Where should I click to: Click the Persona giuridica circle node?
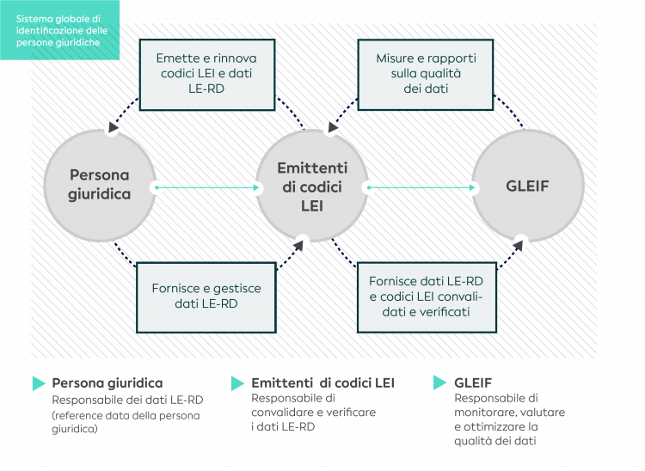tap(99, 186)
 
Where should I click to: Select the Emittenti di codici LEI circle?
tap(311, 186)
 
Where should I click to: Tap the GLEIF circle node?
tap(527, 186)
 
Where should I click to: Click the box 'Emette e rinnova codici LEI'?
tap(206, 73)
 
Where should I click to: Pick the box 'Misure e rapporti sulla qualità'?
tap(425, 73)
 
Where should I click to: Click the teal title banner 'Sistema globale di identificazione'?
tap(60, 30)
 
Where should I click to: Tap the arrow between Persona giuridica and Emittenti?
tap(206, 187)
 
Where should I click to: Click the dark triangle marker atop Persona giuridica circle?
tap(112, 128)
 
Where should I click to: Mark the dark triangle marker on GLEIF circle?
tap(519, 242)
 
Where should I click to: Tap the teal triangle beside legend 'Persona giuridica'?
tap(39, 383)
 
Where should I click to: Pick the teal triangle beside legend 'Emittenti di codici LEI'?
tap(237, 383)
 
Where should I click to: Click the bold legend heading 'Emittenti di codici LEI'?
tap(322, 382)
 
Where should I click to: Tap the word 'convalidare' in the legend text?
tap(282, 412)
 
